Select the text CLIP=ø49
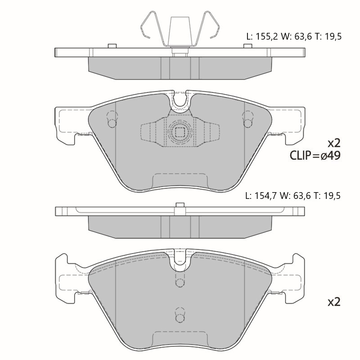point(315,155)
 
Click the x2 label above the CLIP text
point(334,144)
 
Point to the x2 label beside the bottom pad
point(334,302)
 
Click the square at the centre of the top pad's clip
point(180,132)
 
